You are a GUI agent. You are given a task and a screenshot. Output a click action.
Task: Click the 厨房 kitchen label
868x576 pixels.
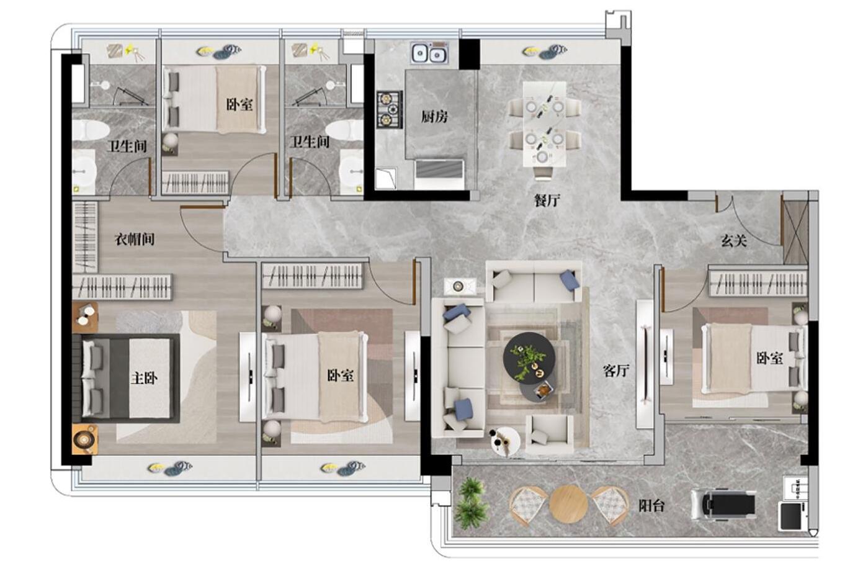click(x=434, y=116)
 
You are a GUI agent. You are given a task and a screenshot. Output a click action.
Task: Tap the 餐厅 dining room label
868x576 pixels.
click(x=547, y=200)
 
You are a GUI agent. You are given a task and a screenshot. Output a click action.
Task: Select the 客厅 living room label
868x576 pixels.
click(x=615, y=371)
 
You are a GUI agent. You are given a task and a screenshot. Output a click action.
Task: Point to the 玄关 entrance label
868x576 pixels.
click(x=733, y=241)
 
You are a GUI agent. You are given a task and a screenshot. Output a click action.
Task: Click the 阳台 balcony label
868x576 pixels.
click(x=651, y=505)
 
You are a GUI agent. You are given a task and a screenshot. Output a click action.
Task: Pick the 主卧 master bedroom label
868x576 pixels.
click(x=144, y=378)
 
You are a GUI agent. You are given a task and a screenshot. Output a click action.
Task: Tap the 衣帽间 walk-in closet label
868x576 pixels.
click(x=135, y=239)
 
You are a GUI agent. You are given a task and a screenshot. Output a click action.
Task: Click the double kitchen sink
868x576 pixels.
click(x=429, y=53)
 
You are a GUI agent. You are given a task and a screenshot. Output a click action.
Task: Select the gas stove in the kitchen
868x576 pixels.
click(x=390, y=110)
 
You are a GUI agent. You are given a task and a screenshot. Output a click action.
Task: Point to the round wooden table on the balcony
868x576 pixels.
click(x=568, y=505)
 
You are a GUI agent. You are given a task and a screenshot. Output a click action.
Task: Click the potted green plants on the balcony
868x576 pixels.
click(x=470, y=503)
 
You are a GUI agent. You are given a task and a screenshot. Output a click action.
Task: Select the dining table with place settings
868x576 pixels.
click(x=544, y=124)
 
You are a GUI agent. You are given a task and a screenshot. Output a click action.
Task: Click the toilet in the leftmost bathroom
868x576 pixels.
click(x=89, y=130)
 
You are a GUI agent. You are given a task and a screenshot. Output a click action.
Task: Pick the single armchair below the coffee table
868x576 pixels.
click(x=550, y=434)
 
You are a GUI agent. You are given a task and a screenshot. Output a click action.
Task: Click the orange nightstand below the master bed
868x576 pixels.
click(x=85, y=439)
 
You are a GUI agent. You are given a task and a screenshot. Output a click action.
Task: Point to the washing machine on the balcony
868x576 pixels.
click(x=791, y=516)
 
